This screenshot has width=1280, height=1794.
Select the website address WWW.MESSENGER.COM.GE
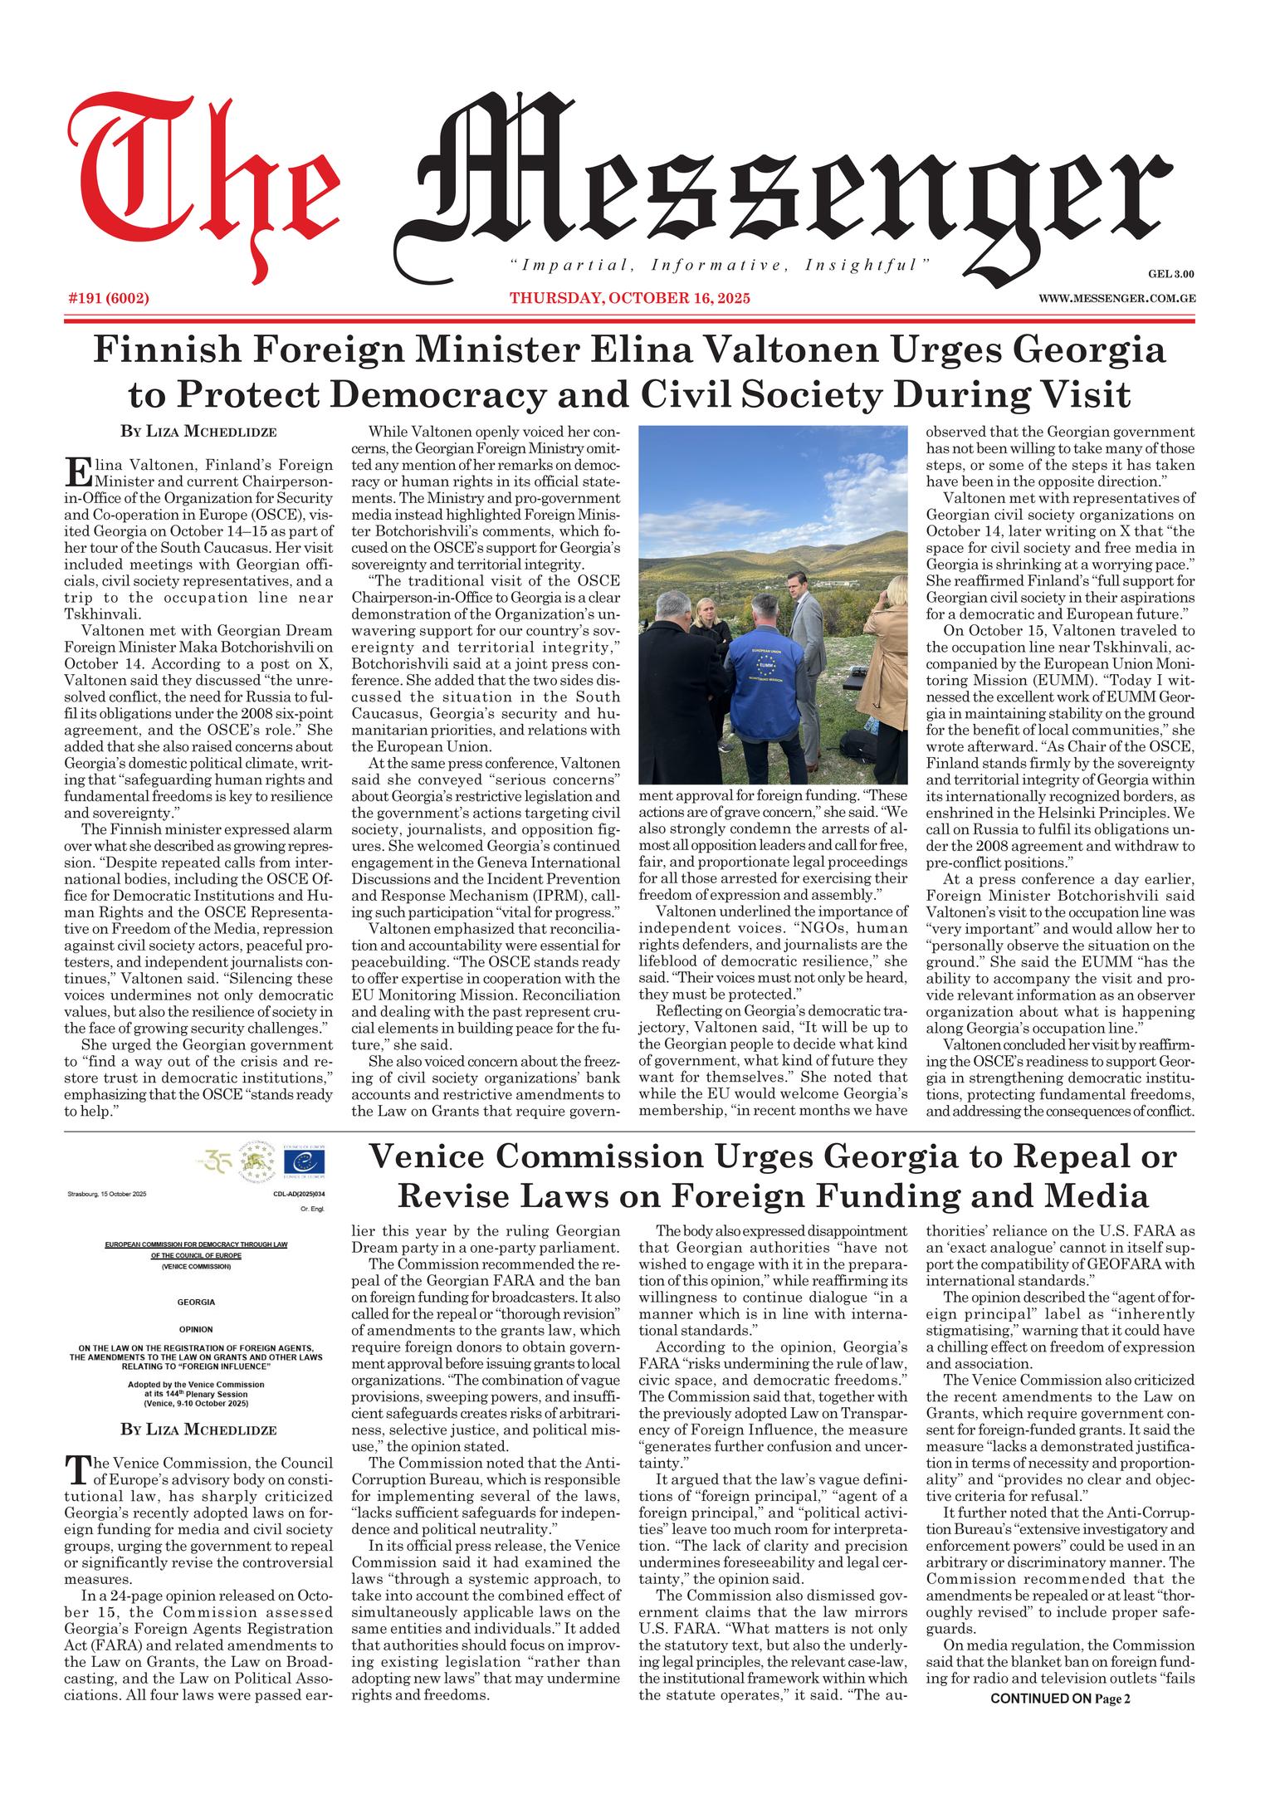click(1116, 297)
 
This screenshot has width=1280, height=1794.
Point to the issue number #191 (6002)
click(108, 297)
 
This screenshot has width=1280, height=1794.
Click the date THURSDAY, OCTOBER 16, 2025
click(630, 297)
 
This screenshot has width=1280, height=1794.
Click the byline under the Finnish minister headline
click(198, 432)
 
